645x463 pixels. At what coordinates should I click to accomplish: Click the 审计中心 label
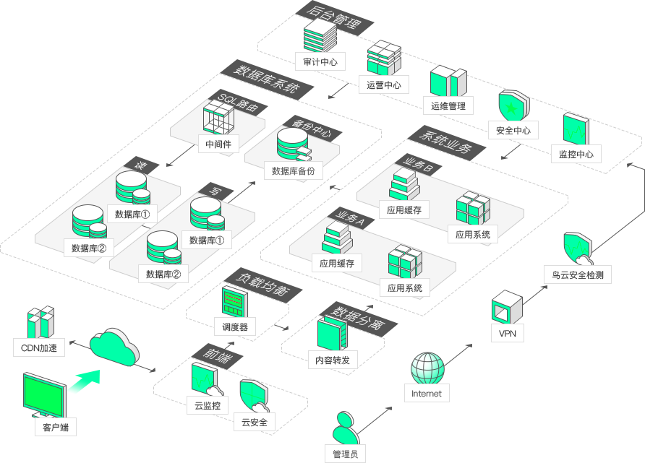(320, 61)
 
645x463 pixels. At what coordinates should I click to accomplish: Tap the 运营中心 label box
(384, 85)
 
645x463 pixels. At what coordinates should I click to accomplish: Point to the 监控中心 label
(576, 154)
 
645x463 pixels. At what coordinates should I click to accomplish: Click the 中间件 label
(218, 144)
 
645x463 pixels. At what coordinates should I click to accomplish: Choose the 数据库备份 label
(294, 170)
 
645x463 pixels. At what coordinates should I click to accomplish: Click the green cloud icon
(114, 347)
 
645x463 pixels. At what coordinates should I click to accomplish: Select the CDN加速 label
(39, 348)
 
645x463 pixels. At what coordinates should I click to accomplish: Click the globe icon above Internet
(428, 368)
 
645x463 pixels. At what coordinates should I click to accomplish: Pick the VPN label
(508, 333)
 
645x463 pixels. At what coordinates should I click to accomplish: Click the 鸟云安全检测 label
(578, 274)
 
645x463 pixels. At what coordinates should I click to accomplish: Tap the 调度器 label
(235, 326)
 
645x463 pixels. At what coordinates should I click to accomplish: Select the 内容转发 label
(333, 360)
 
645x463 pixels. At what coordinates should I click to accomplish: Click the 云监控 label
(208, 405)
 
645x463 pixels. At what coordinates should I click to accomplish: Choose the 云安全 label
(255, 422)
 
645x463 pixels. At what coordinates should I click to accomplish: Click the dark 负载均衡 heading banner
(263, 284)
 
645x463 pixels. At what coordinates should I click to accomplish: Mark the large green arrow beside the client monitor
(85, 381)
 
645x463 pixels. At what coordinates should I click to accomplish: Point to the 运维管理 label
(448, 105)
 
